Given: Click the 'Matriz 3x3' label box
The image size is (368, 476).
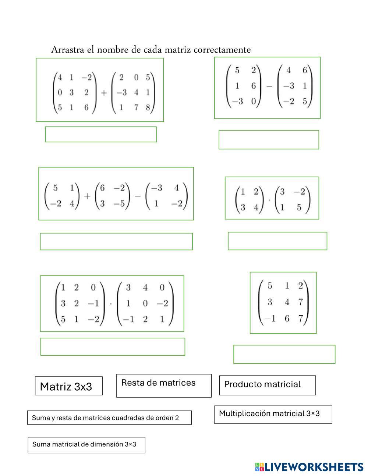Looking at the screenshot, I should click(68, 386).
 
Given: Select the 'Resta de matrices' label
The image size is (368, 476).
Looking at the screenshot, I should click(164, 385).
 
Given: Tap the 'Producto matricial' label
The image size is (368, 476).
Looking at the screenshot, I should click(267, 385).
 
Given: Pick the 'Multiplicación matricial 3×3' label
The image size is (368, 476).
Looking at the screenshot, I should click(273, 414).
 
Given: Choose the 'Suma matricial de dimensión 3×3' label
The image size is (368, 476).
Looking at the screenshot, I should click(86, 445).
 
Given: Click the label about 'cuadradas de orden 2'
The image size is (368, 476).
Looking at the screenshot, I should click(109, 418).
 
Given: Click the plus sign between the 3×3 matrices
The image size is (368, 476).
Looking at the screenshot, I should click(103, 93).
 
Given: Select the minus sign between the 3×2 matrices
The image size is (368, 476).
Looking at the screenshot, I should click(269, 86).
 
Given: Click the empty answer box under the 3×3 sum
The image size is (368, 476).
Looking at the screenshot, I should click(100, 134).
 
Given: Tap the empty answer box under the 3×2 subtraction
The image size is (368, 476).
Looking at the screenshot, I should click(269, 139).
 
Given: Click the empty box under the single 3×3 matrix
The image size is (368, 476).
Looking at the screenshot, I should click(284, 354).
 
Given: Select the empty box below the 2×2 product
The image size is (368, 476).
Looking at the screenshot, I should click(277, 241).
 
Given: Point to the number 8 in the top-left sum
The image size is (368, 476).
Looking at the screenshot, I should click(148, 108).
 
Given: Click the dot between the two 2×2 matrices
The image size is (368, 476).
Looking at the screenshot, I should click(269, 200).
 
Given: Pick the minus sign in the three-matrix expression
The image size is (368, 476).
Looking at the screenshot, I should click(137, 196).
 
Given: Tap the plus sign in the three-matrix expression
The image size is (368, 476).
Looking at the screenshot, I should click(87, 196).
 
